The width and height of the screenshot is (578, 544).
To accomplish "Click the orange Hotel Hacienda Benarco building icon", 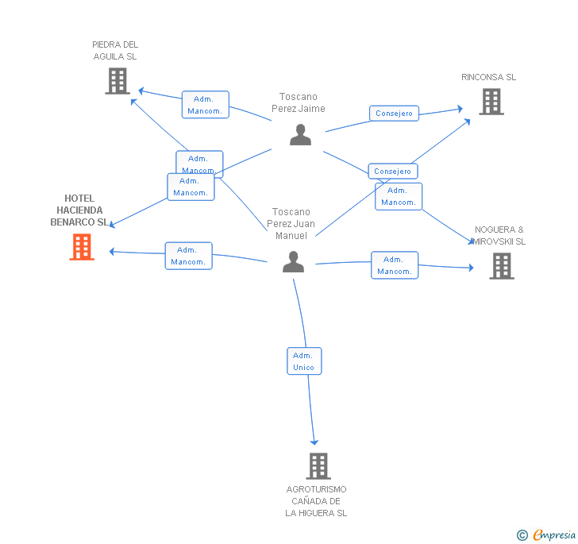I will pos(82,247).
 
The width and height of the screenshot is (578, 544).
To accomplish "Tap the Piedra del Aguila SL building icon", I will pos(118,81).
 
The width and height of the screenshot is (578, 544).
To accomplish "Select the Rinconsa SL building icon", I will pos(491,102).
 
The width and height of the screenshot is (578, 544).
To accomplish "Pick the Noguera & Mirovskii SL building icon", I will pos(501,266).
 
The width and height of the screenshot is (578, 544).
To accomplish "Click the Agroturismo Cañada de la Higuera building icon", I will pos(318,466).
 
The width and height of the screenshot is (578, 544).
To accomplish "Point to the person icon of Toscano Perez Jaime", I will pos(300,135).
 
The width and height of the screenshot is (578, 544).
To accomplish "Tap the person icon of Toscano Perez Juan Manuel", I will pos(294,262).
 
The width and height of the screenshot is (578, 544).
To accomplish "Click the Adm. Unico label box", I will pos(304,361).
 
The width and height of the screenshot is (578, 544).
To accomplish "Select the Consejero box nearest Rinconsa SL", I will pos(394,114).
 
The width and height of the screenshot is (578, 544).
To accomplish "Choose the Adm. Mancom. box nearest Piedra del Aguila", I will pos(205,105).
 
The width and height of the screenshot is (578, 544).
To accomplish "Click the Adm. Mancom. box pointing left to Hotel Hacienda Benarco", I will pos(189,256).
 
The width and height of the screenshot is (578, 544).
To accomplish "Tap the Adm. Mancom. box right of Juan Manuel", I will pos(395,265).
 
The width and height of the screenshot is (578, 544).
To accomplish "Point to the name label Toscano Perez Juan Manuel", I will pos(291,223).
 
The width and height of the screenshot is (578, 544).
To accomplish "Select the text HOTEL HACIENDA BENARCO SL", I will pos(79,210).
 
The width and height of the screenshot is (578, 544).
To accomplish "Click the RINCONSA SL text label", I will pos(488,77).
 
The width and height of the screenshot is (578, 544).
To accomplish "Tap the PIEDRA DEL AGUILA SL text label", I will pos(115,51).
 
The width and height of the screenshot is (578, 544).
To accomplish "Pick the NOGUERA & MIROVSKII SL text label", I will pos(499,235).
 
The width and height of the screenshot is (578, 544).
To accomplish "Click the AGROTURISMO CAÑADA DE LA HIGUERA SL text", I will pos(316,501).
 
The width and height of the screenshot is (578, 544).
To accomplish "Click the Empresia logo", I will pos(547,534).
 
